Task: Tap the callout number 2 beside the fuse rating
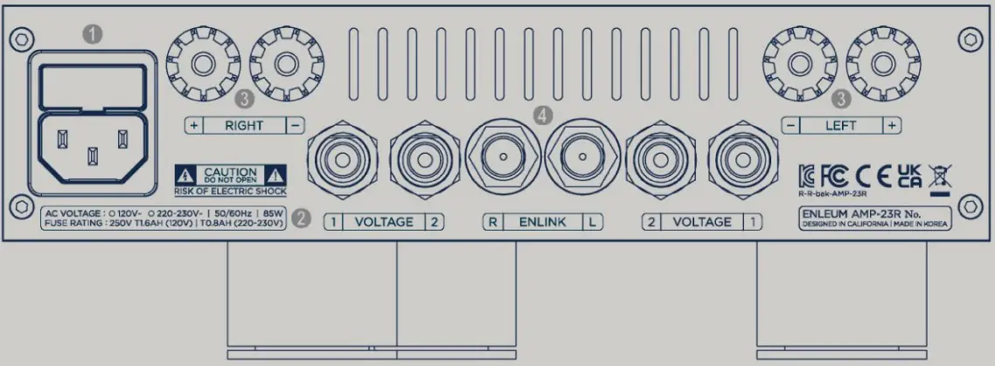(x=301, y=218)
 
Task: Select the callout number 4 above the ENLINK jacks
(x=545, y=114)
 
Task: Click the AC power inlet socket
(x=92, y=146)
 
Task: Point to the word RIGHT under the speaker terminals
(x=243, y=126)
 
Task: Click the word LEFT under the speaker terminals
(x=840, y=126)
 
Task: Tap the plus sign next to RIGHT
(x=193, y=126)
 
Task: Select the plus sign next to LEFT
(x=891, y=126)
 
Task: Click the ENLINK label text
(x=543, y=222)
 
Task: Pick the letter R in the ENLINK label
(x=493, y=222)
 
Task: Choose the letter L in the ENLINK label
(x=593, y=222)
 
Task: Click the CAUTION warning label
(x=231, y=174)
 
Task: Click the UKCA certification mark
(x=909, y=175)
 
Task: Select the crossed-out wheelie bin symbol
(x=941, y=175)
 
